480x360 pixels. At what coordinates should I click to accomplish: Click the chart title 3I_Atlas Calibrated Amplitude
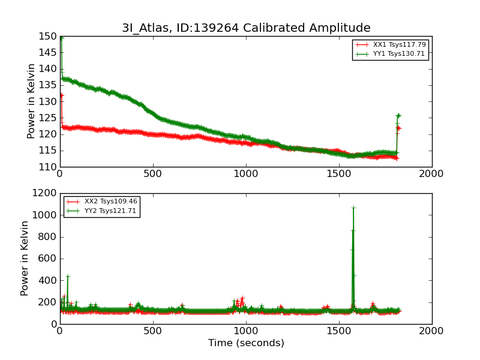(246, 28)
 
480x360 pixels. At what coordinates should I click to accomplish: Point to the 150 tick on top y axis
(48, 36)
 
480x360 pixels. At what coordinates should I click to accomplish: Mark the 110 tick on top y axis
(48, 167)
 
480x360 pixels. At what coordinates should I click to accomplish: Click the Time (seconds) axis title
(246, 343)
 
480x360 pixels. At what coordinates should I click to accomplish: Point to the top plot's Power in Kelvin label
(32, 101)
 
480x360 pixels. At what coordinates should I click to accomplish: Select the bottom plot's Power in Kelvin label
(25, 258)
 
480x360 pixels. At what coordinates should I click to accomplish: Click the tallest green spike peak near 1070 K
(353, 208)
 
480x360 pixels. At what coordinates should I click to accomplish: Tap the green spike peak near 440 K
(68, 276)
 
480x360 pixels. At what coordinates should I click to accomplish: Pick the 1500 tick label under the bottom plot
(339, 331)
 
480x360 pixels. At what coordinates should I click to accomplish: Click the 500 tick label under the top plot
(153, 174)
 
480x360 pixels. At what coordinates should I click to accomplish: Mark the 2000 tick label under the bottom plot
(432, 331)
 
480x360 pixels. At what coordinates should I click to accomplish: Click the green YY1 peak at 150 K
(61, 37)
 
